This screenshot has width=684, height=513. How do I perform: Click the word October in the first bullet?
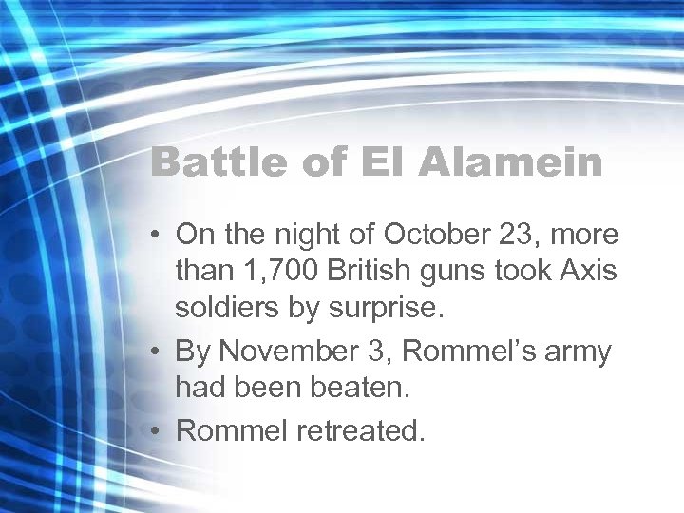point(436,235)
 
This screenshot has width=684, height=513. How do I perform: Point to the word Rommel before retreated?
point(233,431)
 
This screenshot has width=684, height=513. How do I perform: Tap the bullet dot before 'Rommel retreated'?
point(157,432)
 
